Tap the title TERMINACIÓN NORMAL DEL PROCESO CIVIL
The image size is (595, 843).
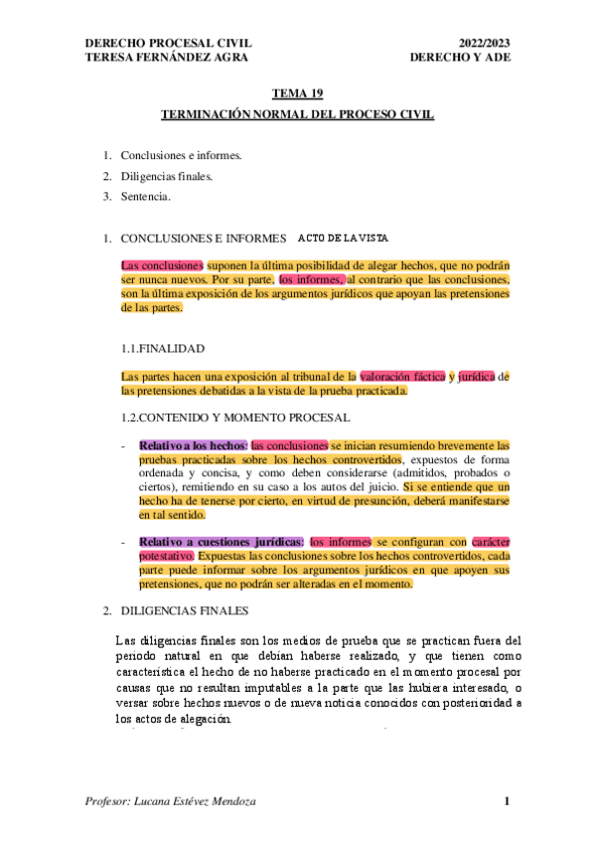(298, 115)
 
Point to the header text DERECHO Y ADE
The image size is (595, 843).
(466, 57)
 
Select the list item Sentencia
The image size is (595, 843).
(145, 196)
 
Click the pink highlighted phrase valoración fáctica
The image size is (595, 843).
(403, 376)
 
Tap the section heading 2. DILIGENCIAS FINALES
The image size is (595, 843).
(183, 608)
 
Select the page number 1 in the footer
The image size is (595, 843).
(507, 801)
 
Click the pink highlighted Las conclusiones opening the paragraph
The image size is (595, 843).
(162, 266)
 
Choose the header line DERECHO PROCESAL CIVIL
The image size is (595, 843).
(169, 44)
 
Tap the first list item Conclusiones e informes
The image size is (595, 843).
(181, 156)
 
